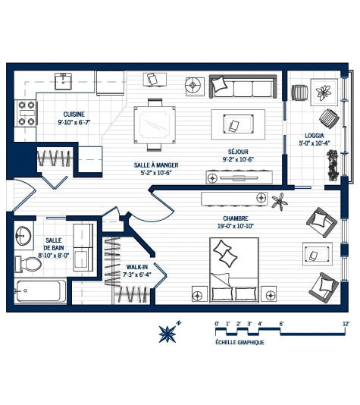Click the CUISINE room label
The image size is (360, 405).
(x=74, y=114)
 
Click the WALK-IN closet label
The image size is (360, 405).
(x=137, y=267)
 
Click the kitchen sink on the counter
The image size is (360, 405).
(x=65, y=80)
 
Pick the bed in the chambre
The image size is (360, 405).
(x=233, y=269)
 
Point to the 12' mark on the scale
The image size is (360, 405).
(x=346, y=324)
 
